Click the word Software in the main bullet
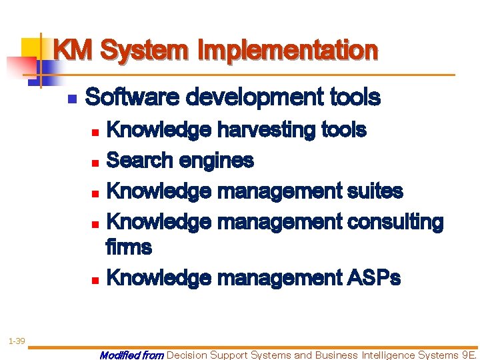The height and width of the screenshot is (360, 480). [x=133, y=98]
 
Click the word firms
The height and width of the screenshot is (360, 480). [x=129, y=247]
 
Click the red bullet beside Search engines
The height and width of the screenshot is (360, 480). [x=95, y=161]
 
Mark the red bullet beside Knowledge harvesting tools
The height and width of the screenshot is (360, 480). [x=95, y=130]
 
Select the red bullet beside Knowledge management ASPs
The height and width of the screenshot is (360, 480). [x=95, y=279]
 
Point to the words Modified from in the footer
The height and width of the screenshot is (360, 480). [x=131, y=355]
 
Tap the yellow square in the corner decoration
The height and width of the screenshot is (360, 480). [x=31, y=49]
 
